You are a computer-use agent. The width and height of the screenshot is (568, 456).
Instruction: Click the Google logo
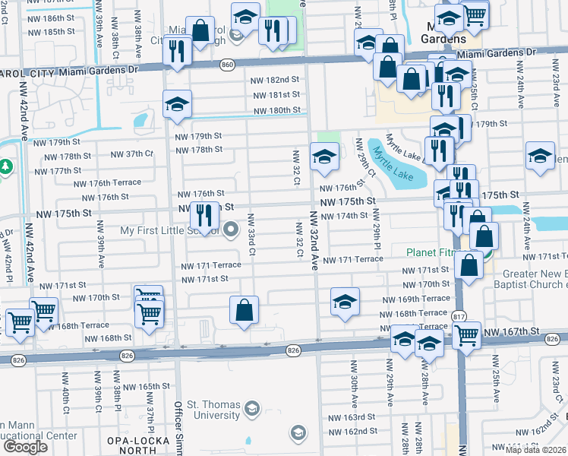tap(25, 446)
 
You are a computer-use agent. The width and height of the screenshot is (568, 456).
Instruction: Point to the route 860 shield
tap(228, 65)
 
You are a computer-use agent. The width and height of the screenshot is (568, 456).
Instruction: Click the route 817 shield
tap(460, 316)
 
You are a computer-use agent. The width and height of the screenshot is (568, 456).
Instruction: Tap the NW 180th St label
tap(276, 110)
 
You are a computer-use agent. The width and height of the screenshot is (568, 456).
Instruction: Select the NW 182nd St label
tap(276, 80)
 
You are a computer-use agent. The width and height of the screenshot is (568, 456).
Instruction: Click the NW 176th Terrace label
tap(107, 183)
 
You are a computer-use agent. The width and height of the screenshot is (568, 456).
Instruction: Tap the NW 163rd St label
tap(350, 417)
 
